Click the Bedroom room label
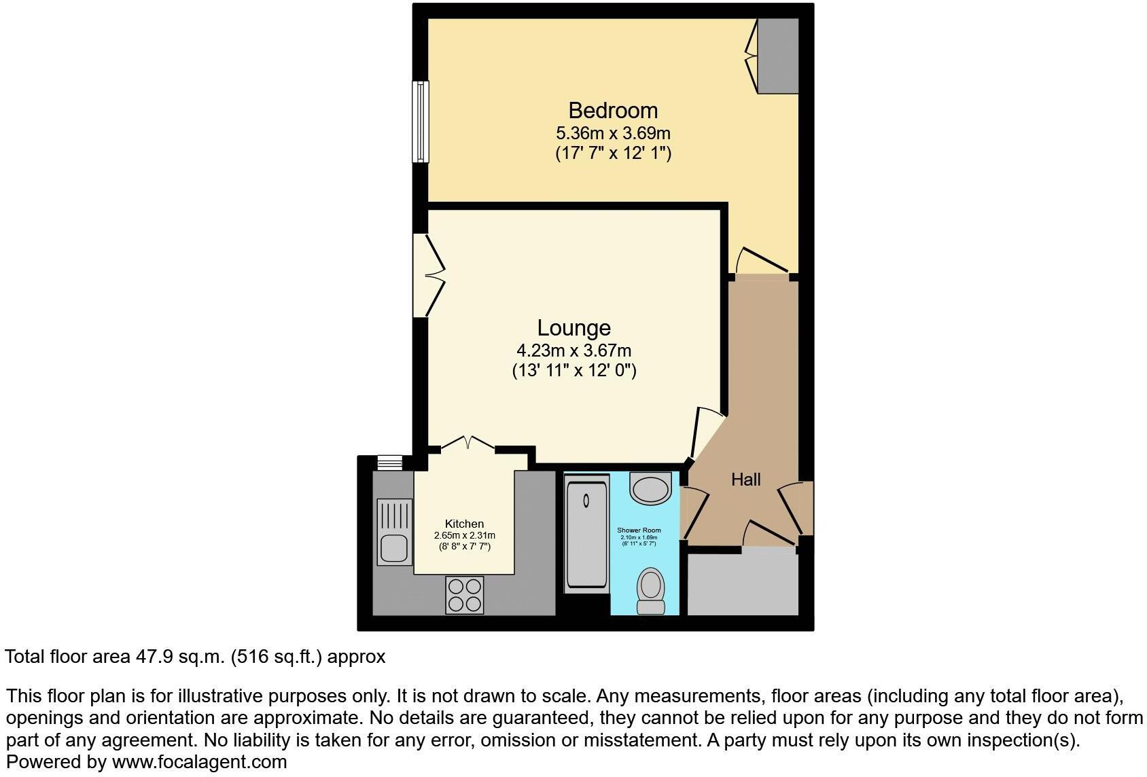[613, 110]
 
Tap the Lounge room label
[573, 328]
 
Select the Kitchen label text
[464, 524]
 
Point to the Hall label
[745, 480]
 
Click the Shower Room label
[639, 530]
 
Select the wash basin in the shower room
[651, 488]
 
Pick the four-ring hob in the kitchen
[465, 595]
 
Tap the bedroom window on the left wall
[421, 122]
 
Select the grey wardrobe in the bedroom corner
[778, 56]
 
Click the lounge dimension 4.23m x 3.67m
[573, 350]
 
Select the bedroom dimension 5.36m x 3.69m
[613, 132]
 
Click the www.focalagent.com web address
[199, 762]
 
